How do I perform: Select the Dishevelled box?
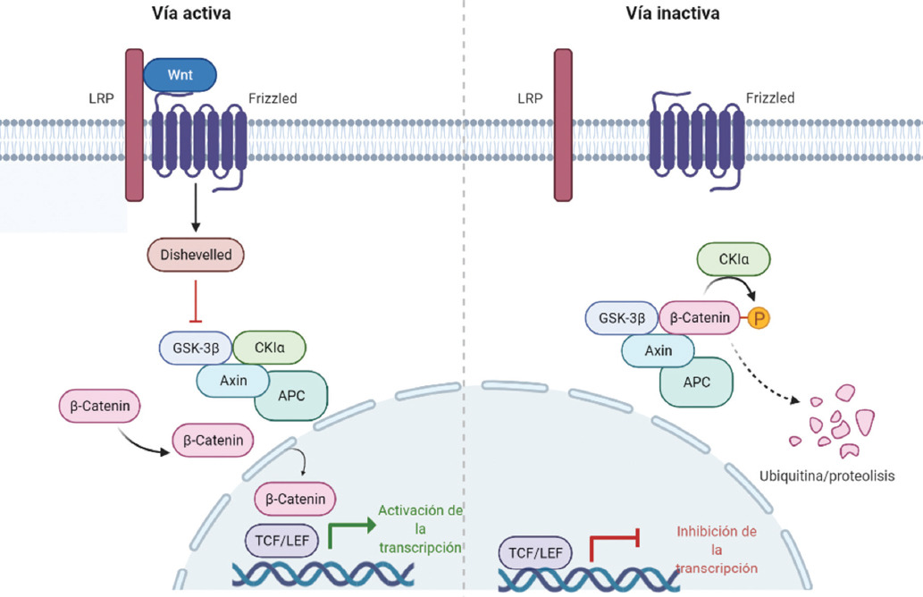(195, 255)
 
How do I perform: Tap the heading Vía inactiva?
(675, 13)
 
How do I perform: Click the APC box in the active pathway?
(291, 395)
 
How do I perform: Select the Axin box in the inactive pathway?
(658, 350)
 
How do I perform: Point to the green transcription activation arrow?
(348, 533)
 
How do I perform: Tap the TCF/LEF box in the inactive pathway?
(537, 554)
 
